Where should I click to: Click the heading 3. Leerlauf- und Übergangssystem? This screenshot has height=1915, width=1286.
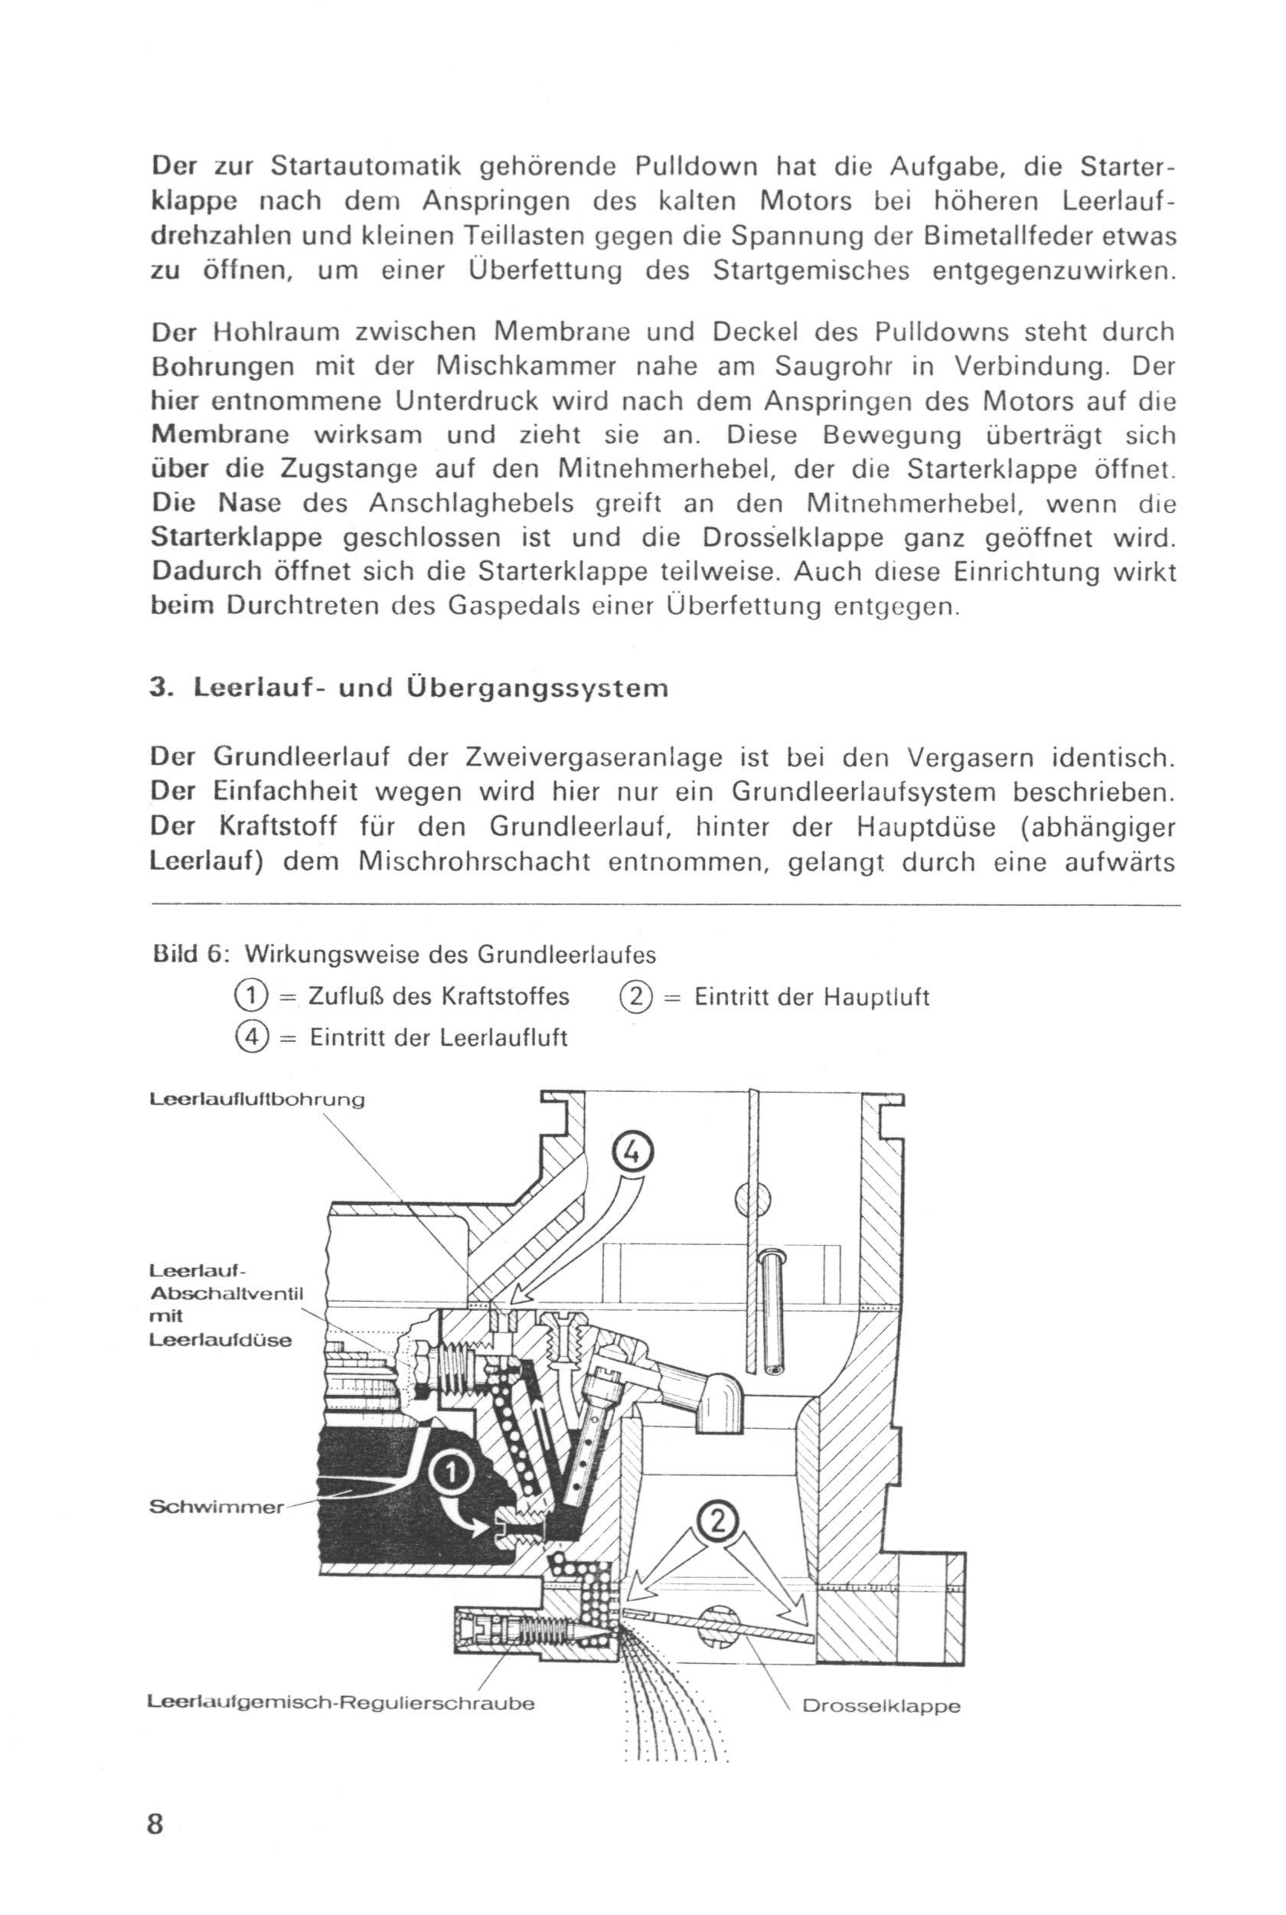(x=410, y=688)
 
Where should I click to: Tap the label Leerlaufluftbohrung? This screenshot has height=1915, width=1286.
(x=256, y=1100)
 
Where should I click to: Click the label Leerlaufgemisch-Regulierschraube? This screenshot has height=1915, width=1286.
(x=341, y=1703)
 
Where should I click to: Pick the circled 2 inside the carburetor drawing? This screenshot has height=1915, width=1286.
(x=716, y=1521)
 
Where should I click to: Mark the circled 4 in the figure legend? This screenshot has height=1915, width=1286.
(x=250, y=1037)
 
